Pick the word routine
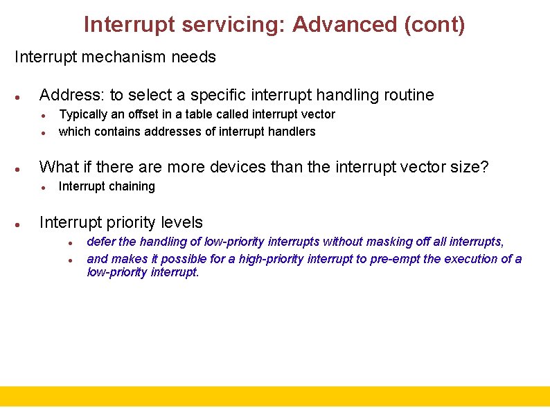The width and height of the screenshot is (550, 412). (408, 95)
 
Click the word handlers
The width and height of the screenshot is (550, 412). (294, 132)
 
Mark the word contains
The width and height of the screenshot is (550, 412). (114, 132)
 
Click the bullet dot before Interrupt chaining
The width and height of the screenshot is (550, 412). (43, 187)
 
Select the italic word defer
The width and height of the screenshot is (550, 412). (100, 242)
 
